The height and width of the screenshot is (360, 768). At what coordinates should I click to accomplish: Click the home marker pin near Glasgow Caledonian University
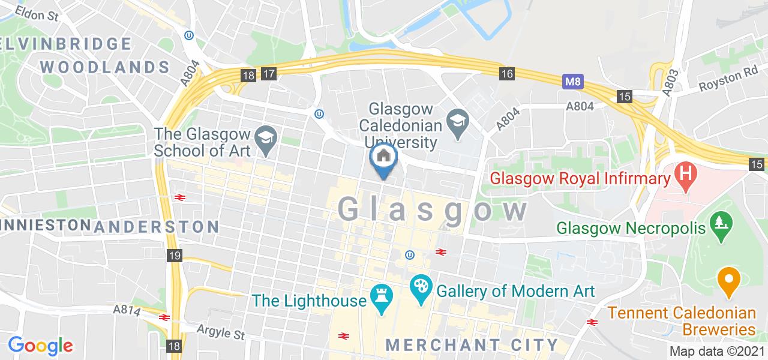tap(383, 157)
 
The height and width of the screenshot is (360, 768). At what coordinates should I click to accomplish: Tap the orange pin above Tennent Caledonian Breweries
tap(728, 281)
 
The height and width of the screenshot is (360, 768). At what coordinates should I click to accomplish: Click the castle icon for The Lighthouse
tap(381, 295)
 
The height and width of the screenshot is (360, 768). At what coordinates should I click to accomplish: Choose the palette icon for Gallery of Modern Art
tap(419, 285)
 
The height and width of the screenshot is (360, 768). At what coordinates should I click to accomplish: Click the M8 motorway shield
tap(573, 81)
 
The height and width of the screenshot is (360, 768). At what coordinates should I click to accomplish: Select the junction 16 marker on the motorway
tap(508, 74)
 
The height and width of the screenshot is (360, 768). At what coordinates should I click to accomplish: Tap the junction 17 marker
tap(268, 74)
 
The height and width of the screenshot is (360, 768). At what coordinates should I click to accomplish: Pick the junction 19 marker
tap(175, 256)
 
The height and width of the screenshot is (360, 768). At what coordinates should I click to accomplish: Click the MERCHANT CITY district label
tap(472, 345)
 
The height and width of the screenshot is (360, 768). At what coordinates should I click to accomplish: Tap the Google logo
tap(40, 346)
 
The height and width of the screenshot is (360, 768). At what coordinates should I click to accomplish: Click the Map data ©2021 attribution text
tap(717, 352)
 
